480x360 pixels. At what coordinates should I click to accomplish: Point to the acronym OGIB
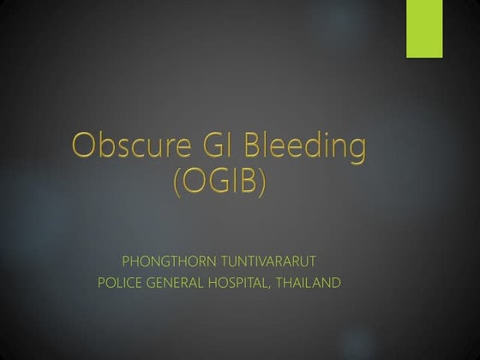[x=219, y=184]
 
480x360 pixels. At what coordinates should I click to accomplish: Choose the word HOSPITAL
[x=240, y=282]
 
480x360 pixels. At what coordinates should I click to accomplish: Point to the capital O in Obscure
[x=84, y=147]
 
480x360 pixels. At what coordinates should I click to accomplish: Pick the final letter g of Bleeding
[x=355, y=152]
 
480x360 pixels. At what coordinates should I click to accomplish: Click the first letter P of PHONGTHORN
[x=127, y=260]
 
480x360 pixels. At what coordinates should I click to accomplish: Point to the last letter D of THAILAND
[x=336, y=282]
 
